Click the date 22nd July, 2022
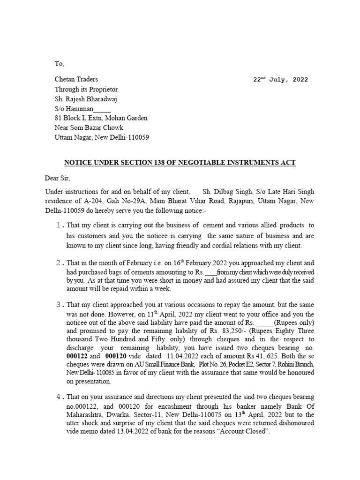(280, 80)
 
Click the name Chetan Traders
(76, 79)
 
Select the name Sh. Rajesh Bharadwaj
(86, 99)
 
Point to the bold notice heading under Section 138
(180, 163)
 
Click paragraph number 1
(59, 225)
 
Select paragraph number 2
(59, 263)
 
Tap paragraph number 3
(59, 305)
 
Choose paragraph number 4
(59, 397)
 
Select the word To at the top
(59, 64)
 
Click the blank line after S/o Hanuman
(103, 108)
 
